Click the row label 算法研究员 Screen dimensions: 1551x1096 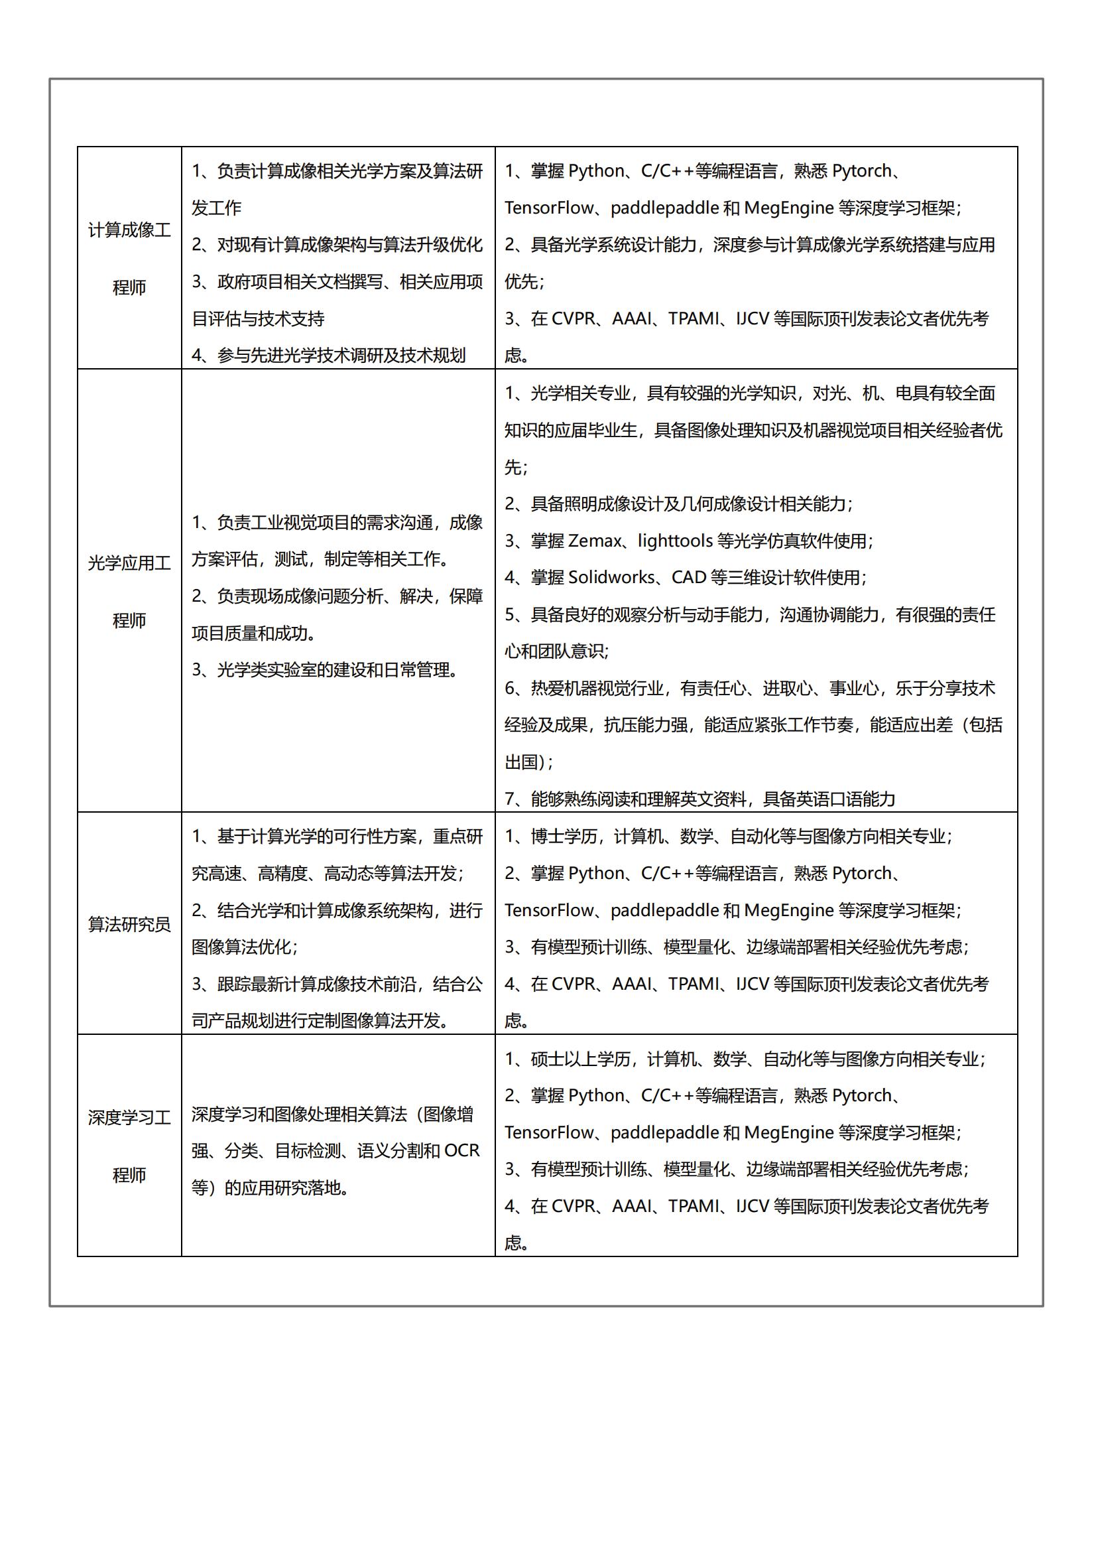[129, 924]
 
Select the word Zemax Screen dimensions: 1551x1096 [595, 541]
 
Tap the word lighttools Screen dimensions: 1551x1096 [674, 541]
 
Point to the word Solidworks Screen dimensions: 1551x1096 [611, 578]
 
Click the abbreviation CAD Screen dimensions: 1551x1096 [688, 578]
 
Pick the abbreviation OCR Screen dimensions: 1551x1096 [461, 1150]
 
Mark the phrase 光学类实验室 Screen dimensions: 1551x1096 [266, 670]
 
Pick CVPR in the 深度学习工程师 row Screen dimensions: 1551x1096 [575, 1207]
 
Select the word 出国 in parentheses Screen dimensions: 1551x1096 [520, 763]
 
